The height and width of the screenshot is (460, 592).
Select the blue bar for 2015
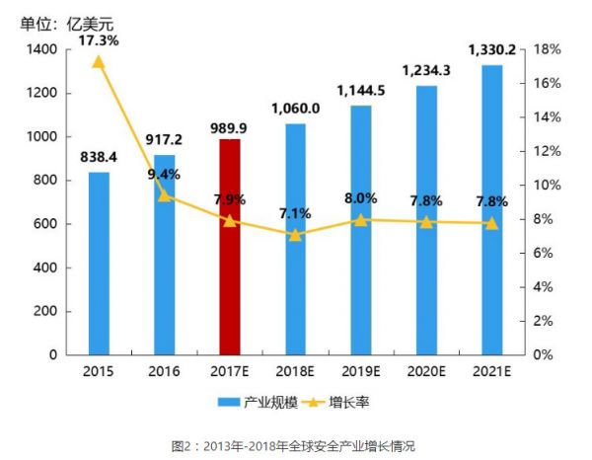99,264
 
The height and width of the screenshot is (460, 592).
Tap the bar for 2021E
491,209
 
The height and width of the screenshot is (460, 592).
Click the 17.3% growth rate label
99,40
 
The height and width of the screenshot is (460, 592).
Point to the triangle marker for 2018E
294,235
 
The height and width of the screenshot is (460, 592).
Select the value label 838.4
99,155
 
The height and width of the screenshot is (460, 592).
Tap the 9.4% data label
164,175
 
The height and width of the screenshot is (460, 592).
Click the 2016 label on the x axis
164,372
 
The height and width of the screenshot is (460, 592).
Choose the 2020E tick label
425,372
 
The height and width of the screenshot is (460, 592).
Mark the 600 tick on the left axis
44,224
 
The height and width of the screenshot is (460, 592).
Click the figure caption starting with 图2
296,445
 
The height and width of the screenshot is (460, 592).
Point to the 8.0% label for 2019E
360,198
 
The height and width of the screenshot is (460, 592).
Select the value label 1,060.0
294,108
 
